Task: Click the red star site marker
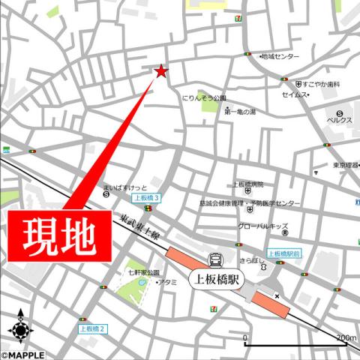160,71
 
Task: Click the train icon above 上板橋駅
216,259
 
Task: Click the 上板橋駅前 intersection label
284,253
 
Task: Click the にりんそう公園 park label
204,97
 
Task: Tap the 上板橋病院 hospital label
248,184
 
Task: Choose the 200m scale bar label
346,338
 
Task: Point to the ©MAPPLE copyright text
22,355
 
